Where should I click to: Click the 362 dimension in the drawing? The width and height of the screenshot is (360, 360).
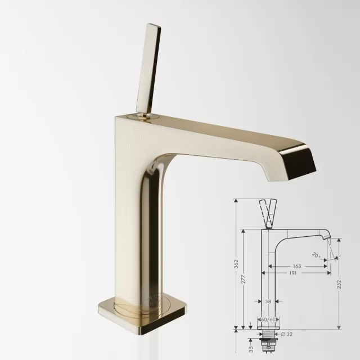pos(237,263)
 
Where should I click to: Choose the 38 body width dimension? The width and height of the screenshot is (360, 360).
pos(268,301)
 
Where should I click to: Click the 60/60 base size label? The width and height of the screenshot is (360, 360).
pos(268,319)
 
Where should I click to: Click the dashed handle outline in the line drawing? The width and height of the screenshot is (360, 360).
pos(267,213)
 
